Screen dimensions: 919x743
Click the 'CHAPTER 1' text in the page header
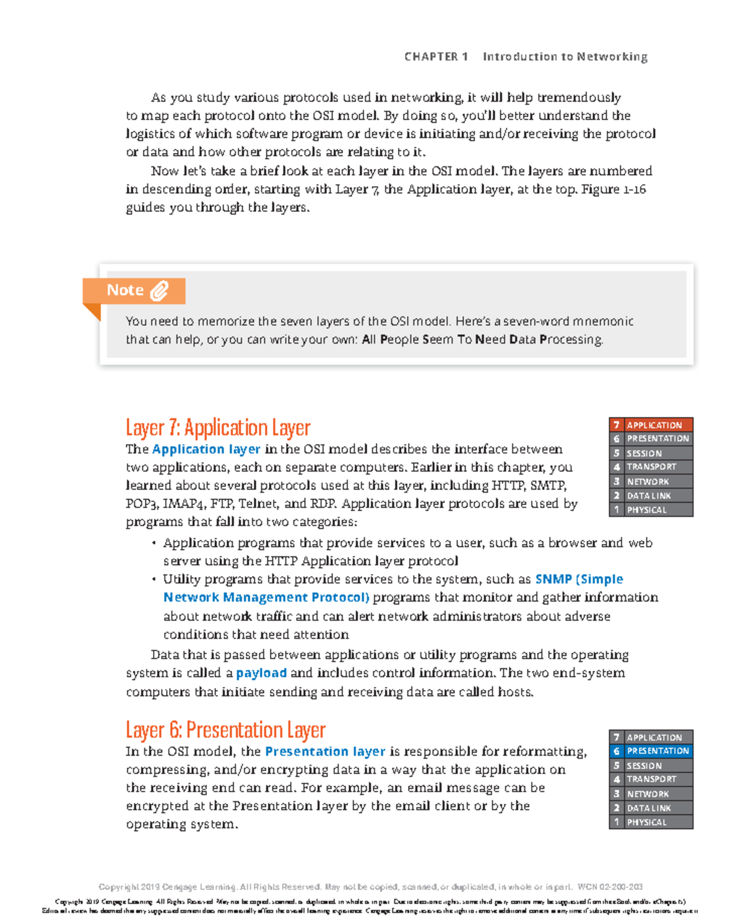[436, 57]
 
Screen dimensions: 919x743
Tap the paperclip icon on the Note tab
[159, 291]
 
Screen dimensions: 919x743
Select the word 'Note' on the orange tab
[125, 290]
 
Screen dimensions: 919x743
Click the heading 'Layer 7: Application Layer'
[218, 428]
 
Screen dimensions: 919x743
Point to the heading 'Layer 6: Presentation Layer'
[225, 730]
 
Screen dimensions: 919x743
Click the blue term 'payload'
[261, 673]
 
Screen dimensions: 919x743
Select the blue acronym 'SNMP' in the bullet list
[553, 579]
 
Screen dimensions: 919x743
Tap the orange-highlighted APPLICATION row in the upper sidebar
[651, 425]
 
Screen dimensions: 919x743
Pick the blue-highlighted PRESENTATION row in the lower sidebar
[651, 751]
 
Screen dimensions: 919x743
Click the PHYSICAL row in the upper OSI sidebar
[651, 510]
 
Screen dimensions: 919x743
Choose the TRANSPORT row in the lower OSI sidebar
[651, 779]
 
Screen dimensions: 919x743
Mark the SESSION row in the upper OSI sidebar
[651, 453]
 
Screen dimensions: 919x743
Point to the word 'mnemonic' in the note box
[603, 321]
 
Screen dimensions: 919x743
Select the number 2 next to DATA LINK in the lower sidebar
[616, 808]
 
